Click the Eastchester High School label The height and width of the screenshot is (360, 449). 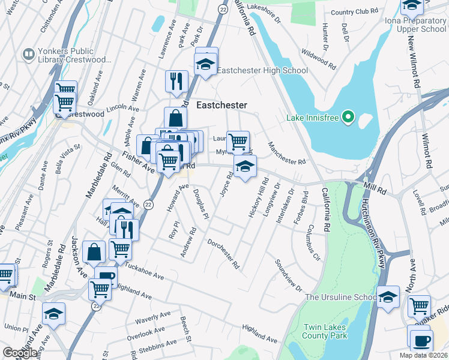click(x=262, y=70)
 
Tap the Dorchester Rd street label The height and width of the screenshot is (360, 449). click(x=223, y=254)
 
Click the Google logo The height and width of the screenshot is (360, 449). click(x=20, y=353)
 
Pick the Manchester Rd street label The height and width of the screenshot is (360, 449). click(x=287, y=154)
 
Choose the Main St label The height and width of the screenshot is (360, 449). click(x=22, y=296)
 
